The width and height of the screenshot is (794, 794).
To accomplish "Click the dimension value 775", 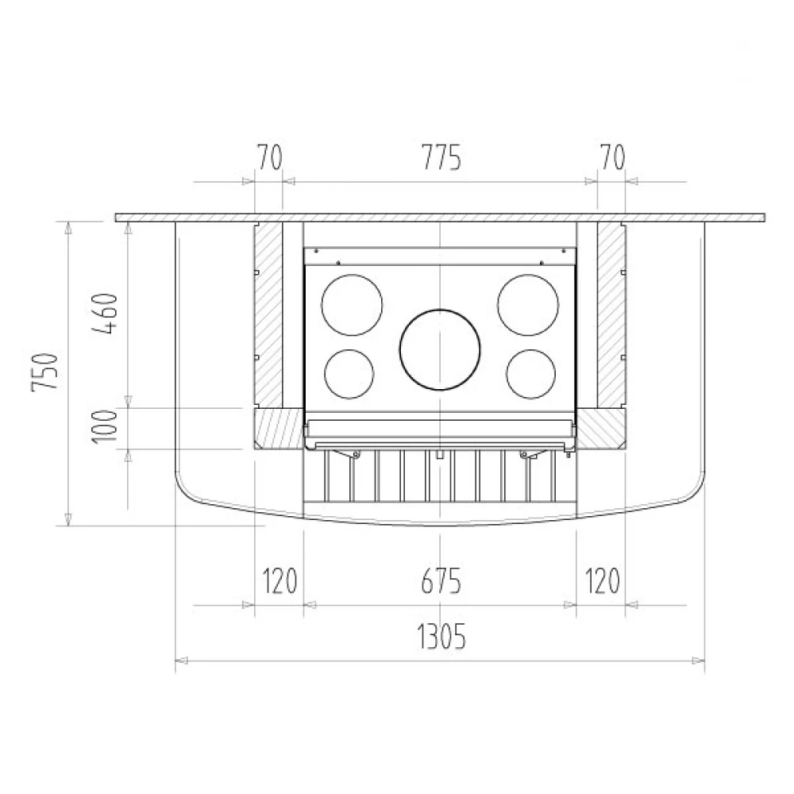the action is click(x=441, y=157).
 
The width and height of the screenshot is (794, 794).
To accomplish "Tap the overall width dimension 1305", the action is click(x=441, y=637).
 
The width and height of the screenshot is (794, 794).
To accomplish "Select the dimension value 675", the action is click(x=441, y=581).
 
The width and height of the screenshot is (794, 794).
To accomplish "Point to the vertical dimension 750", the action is click(x=45, y=372).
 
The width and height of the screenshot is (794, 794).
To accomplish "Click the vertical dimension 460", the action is click(x=106, y=313).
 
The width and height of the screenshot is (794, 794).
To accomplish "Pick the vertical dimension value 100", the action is click(x=106, y=426).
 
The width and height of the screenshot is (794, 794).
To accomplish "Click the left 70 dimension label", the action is click(x=269, y=157).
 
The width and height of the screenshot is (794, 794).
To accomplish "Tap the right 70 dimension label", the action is click(x=613, y=157).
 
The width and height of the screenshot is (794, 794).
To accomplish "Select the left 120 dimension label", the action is click(x=279, y=581).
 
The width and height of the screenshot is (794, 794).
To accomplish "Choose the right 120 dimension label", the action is click(x=602, y=581).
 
